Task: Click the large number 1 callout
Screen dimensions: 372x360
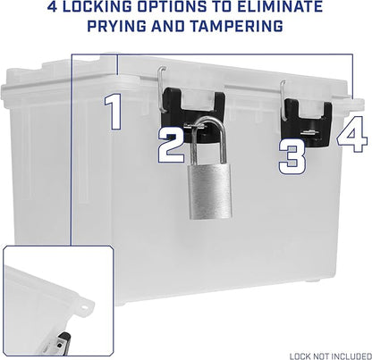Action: click(x=114, y=112)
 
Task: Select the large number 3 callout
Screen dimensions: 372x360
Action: click(x=292, y=156)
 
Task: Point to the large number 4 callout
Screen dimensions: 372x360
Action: click(x=352, y=134)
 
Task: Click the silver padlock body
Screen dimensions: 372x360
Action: click(x=210, y=191)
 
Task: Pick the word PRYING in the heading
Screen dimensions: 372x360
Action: click(x=117, y=26)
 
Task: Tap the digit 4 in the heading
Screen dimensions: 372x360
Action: click(x=53, y=6)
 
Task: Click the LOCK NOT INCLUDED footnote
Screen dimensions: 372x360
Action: click(x=331, y=356)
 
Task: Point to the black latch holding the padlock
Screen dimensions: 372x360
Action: click(x=193, y=114)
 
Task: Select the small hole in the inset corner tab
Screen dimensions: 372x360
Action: click(x=84, y=307)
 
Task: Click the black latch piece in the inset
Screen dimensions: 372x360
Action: click(x=63, y=342)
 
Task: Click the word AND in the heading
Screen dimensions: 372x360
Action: click(x=168, y=26)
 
